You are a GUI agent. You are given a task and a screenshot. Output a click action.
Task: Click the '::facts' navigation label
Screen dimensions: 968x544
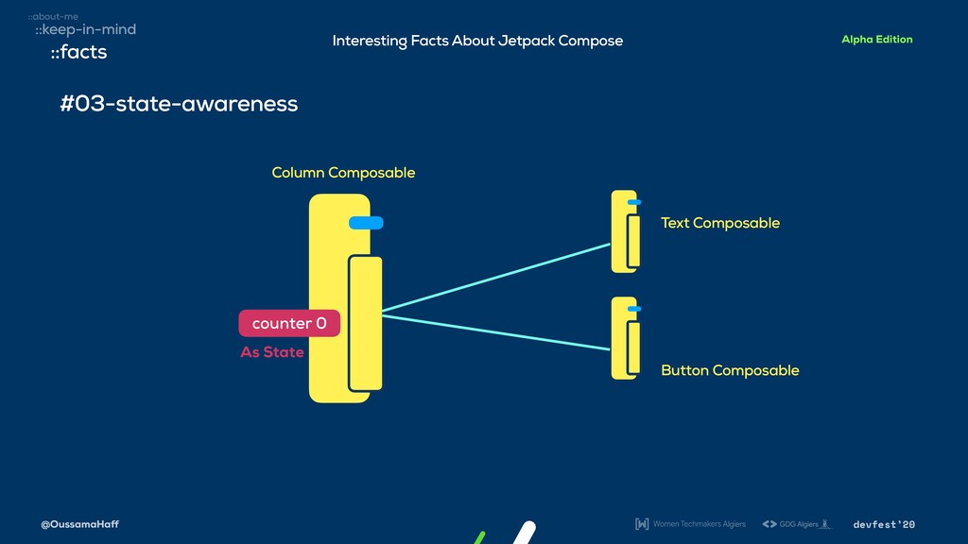(x=78, y=52)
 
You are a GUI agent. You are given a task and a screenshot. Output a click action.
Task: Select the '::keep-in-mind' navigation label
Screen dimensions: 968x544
(x=85, y=29)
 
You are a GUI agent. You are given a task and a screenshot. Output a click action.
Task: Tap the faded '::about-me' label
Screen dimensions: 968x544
(x=53, y=16)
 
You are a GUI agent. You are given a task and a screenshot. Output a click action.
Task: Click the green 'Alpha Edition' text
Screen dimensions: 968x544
(x=876, y=40)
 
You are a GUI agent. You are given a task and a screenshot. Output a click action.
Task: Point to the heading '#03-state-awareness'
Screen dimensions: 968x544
(x=179, y=103)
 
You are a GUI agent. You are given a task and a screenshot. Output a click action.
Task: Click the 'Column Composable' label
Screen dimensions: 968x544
(x=343, y=172)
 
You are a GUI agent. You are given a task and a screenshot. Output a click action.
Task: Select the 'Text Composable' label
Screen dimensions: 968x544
(x=720, y=223)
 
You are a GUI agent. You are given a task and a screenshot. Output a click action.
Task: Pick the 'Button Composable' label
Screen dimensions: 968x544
(x=730, y=370)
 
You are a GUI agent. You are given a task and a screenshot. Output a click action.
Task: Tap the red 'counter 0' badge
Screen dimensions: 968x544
(x=289, y=323)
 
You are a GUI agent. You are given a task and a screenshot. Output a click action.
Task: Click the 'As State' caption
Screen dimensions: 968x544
(x=272, y=352)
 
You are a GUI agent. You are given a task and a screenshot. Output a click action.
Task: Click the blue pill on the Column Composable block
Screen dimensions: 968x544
(x=366, y=223)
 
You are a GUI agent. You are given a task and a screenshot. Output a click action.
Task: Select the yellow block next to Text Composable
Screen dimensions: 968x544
(x=625, y=232)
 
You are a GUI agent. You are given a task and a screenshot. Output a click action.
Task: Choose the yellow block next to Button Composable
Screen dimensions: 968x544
(x=625, y=338)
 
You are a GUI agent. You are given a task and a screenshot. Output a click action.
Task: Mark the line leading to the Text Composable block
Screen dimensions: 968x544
(x=496, y=278)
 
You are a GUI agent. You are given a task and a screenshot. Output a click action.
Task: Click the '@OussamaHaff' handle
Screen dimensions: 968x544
(x=80, y=524)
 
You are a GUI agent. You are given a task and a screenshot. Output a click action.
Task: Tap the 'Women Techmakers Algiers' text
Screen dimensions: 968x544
(x=699, y=524)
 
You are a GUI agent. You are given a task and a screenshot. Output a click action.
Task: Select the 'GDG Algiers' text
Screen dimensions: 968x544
(x=798, y=524)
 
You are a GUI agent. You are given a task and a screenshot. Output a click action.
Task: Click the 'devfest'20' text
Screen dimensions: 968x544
(x=884, y=524)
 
